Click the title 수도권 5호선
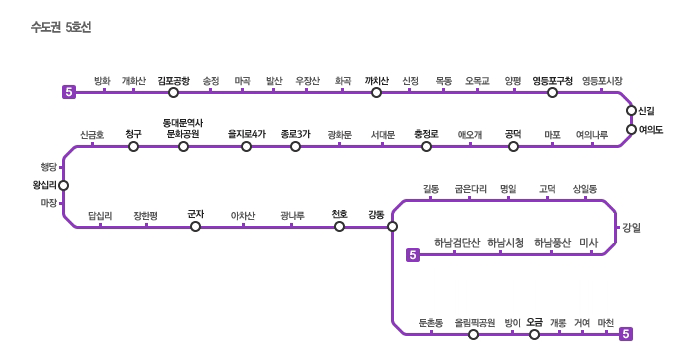61,27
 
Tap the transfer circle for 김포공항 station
174,92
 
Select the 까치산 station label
376,81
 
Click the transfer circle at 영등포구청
552,92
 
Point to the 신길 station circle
631,110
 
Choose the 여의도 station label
651,130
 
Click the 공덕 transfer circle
513,147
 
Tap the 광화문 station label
340,134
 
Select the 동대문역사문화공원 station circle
183,147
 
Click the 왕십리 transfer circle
63,185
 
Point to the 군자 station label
196,214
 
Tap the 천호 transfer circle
339,226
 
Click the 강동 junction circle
392,226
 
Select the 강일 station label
632,228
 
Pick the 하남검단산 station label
457,243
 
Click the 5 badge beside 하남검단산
413,255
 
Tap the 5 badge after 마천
626,334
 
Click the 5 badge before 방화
69,92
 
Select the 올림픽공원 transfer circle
474,334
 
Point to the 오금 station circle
534,334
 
